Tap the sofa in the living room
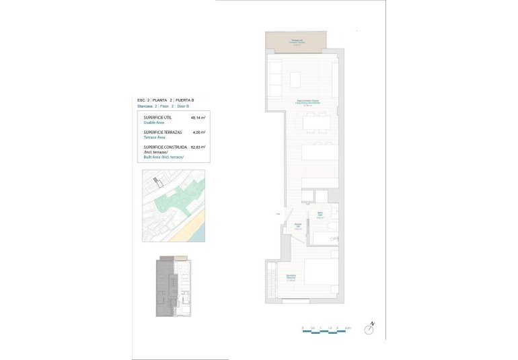274,79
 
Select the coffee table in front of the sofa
297,80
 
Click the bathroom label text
321,216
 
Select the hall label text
297,227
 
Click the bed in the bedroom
322,276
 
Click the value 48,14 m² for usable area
198,117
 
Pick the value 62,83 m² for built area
198,147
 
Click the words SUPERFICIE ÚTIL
157,117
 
